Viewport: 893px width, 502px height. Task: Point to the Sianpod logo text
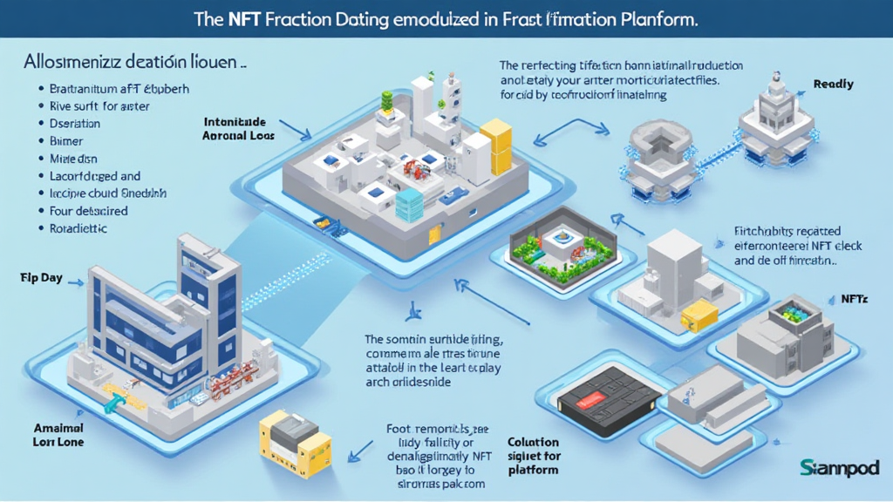[839, 468]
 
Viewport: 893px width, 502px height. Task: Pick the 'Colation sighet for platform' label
[533, 456]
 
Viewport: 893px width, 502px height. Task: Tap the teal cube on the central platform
[409, 204]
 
